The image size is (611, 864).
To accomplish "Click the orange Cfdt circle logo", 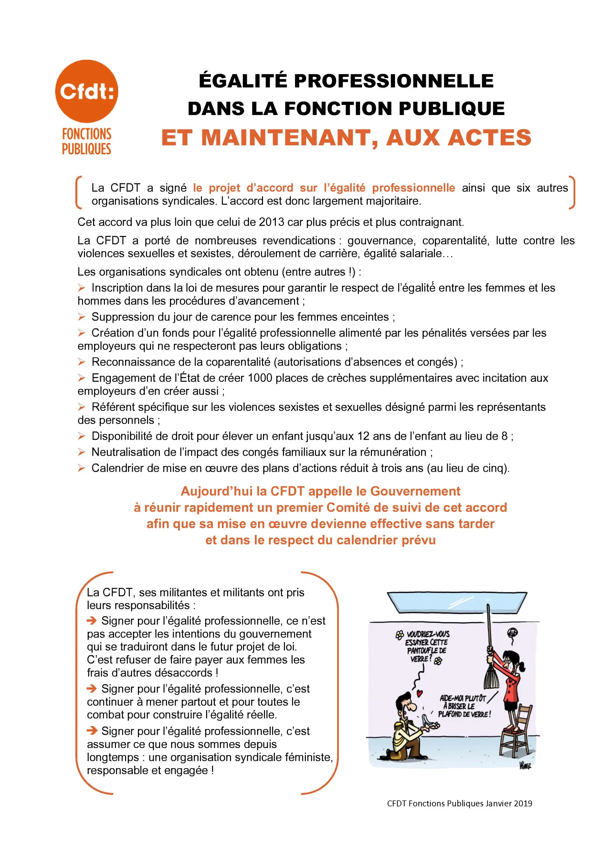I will point(87,91).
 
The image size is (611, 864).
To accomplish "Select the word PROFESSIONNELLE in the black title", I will point(394,81).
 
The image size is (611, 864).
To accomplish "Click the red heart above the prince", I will point(420,693).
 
